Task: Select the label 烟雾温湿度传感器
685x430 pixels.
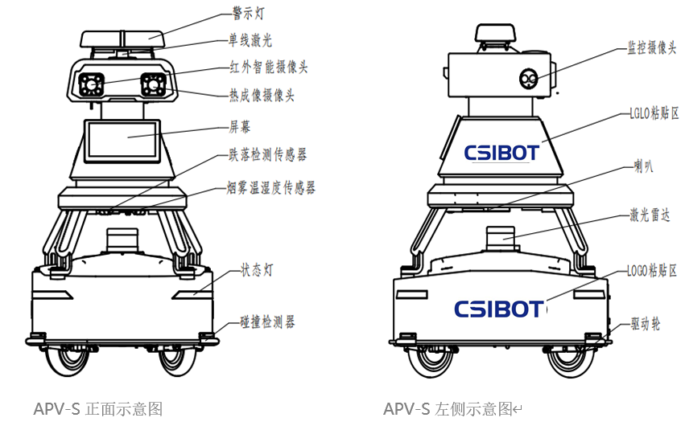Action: [271, 188]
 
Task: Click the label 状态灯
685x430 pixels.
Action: [257, 270]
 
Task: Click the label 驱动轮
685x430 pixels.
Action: [645, 325]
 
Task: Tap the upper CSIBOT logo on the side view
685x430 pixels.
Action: [501, 153]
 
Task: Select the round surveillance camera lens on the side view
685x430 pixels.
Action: [529, 78]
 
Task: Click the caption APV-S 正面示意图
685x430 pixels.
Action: [98, 409]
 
